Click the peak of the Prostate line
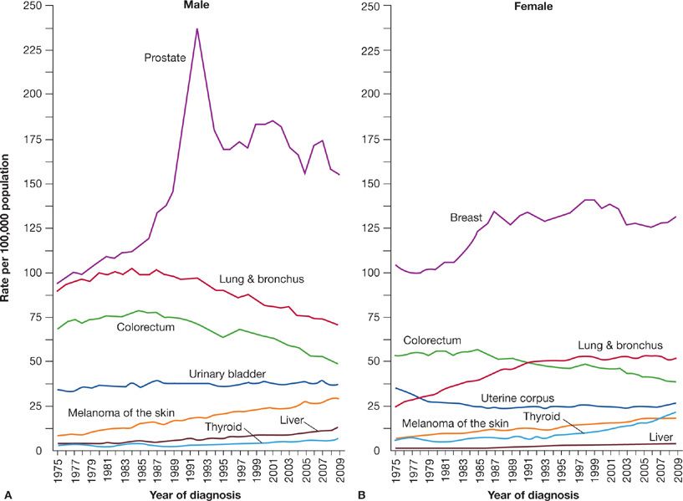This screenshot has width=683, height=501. point(197,28)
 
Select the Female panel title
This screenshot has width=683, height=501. point(534,7)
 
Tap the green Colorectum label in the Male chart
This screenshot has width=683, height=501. point(145,327)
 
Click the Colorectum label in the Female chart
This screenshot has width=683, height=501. point(431,341)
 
